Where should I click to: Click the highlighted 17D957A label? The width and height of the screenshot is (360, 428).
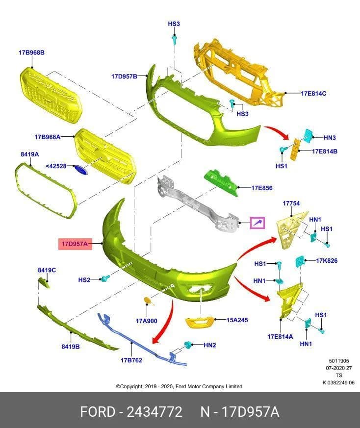pos(75,244)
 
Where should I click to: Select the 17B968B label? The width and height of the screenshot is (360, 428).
pos(31,52)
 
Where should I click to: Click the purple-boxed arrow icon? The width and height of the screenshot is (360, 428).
pos(257,223)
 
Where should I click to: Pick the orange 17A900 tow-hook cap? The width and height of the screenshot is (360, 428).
pos(148,301)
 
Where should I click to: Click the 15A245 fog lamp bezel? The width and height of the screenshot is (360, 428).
pos(199,322)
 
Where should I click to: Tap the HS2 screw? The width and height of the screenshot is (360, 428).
pos(105,278)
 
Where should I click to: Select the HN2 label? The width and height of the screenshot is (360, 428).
pos(210,345)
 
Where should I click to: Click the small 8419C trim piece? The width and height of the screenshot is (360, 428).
pos(44,282)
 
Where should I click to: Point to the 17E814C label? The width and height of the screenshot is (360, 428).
pos(313,93)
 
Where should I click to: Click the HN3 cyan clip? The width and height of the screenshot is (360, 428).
pos(309,135)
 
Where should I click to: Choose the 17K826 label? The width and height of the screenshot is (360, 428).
pos(327,261)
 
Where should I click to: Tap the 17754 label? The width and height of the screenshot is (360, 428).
pos(291,203)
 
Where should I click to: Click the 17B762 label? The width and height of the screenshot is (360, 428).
pos(131,360)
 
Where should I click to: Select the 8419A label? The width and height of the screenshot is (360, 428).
pos(30,154)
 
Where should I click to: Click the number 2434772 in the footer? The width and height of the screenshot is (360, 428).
pos(154,412)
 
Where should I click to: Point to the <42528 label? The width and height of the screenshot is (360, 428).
pos(56,166)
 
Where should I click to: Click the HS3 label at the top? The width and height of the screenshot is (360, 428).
pos(174,24)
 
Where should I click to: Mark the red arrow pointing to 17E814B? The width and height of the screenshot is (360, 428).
pos(277,132)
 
